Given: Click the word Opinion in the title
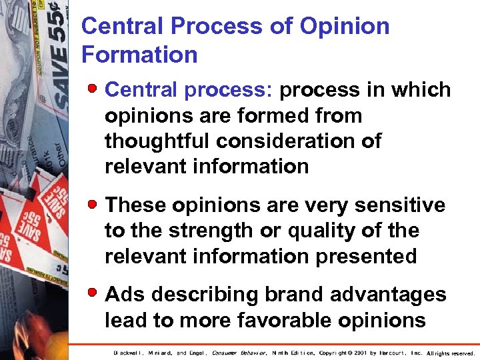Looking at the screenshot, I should point(345,27).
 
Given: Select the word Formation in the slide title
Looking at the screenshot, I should point(139,54).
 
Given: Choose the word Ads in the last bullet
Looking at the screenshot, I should point(125,294).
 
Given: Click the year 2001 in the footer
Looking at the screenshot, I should point(359,353).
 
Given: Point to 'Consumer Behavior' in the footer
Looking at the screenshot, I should point(239,353).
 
